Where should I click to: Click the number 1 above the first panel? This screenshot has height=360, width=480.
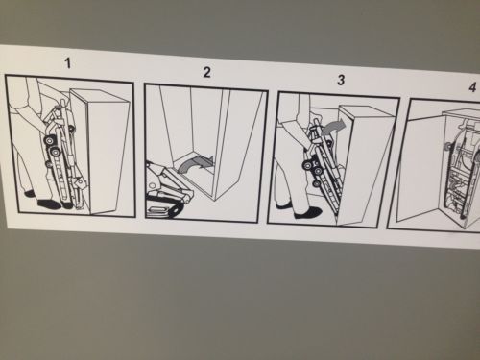pos(67,63)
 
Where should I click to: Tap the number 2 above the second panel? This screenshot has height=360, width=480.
pos(207,73)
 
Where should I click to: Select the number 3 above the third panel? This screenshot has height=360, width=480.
pos(341,80)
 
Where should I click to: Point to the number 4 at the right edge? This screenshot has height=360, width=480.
pos(472,87)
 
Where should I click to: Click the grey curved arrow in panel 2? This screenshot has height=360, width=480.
pos(194,163)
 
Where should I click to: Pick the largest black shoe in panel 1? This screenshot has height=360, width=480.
pos(51,204)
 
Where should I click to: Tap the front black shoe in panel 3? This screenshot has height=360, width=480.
pos(307,213)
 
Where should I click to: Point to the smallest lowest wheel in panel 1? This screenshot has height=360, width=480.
pos(48,164)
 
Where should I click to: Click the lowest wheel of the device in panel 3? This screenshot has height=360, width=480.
pos(316,183)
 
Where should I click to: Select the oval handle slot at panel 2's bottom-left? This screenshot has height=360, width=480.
pos(159,210)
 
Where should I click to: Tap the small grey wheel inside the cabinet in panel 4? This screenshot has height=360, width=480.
pos(446,147)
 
